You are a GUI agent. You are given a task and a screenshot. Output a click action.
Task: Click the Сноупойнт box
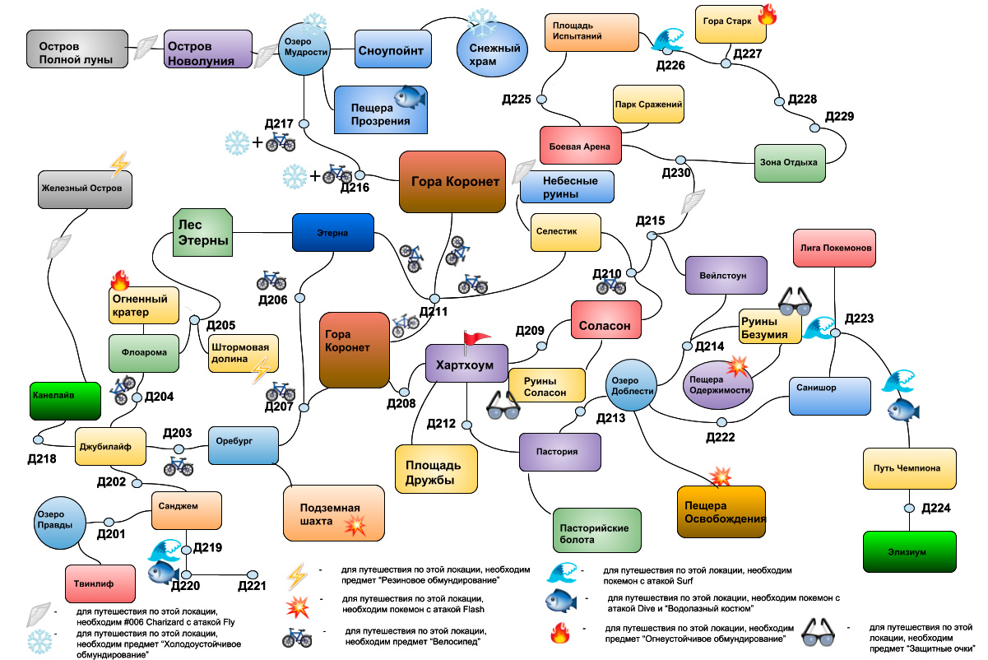(x=391, y=51)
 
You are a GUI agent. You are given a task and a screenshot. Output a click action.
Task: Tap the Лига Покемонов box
(x=833, y=248)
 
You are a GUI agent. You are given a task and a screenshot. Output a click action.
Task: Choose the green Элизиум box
(x=910, y=552)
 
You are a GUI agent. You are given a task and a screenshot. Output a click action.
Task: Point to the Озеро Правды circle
(x=58, y=524)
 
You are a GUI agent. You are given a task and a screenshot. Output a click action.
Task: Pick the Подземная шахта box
(x=334, y=514)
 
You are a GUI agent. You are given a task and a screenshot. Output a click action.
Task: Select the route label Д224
(x=936, y=508)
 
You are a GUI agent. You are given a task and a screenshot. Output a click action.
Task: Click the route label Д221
(x=253, y=586)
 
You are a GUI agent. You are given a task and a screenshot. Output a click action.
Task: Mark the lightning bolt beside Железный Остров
(x=119, y=164)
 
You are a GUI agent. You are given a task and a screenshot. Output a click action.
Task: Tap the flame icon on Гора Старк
(x=767, y=14)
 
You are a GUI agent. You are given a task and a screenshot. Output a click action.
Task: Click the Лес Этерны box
(x=202, y=233)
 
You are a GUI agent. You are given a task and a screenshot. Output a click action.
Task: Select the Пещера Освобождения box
(x=721, y=513)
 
